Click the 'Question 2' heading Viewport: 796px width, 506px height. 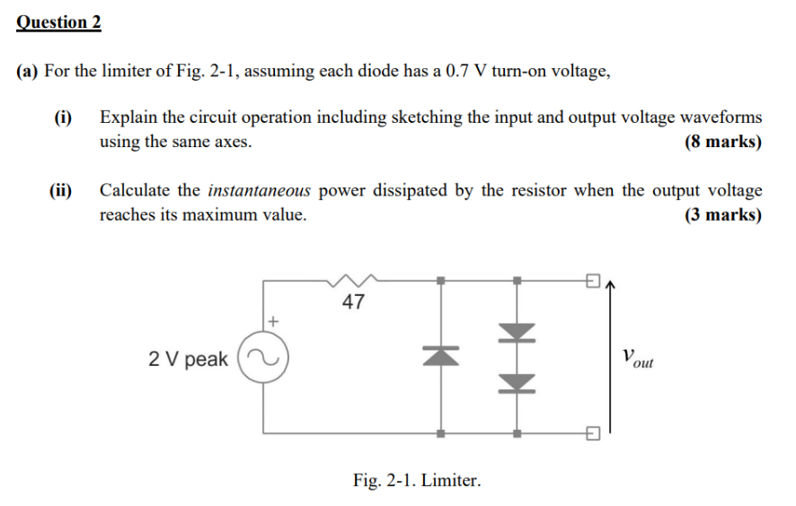(x=58, y=22)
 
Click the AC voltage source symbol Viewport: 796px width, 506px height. (x=264, y=359)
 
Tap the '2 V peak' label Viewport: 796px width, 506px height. (x=188, y=360)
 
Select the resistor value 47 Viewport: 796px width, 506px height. (x=354, y=302)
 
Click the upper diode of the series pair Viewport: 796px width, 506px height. (x=517, y=335)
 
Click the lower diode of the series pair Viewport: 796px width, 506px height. (x=517, y=382)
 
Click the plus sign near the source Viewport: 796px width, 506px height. (x=274, y=319)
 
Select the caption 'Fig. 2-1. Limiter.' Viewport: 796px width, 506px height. (x=417, y=480)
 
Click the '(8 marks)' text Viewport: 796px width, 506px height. (x=722, y=142)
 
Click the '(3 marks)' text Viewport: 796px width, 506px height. (x=722, y=215)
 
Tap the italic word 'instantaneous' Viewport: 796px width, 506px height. (x=260, y=190)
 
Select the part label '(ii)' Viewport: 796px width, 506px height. (x=62, y=190)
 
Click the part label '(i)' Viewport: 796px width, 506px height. (x=62, y=117)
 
